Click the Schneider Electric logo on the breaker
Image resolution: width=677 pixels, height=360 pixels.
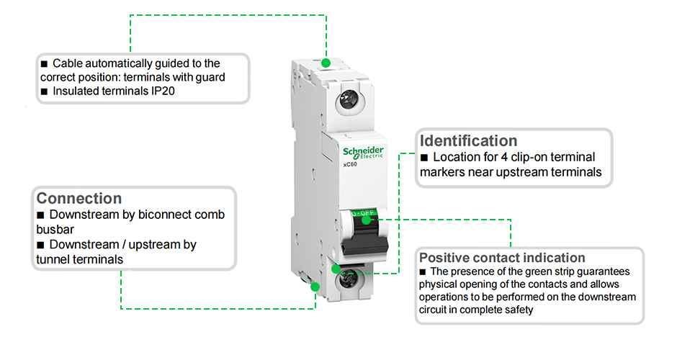click(363, 152)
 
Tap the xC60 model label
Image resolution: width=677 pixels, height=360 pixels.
click(351, 165)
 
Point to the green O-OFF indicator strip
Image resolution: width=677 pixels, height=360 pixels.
click(367, 215)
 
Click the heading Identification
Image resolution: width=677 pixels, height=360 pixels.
click(468, 140)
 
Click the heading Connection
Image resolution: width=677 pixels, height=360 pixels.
click(79, 198)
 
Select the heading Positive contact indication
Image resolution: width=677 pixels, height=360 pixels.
click(502, 258)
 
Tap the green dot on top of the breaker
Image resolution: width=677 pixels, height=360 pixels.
click(326, 63)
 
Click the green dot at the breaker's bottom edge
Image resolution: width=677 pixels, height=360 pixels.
click(315, 287)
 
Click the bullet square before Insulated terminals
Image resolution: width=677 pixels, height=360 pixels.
click(44, 91)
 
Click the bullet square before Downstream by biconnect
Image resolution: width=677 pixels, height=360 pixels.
click(40, 215)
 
